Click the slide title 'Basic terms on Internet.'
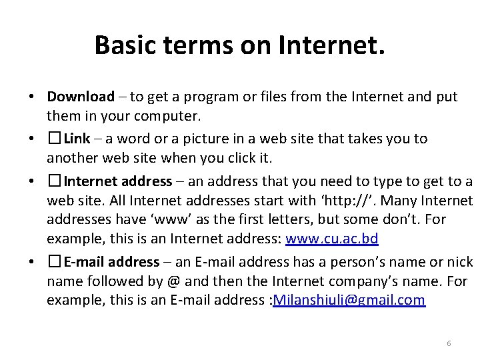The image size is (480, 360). [239, 45]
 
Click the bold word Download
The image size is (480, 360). [81, 97]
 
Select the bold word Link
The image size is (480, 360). [77, 139]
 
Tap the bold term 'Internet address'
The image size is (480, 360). [118, 181]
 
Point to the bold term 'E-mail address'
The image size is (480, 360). [111, 262]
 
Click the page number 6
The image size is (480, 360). [449, 343]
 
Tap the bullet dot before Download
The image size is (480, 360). [32, 97]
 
